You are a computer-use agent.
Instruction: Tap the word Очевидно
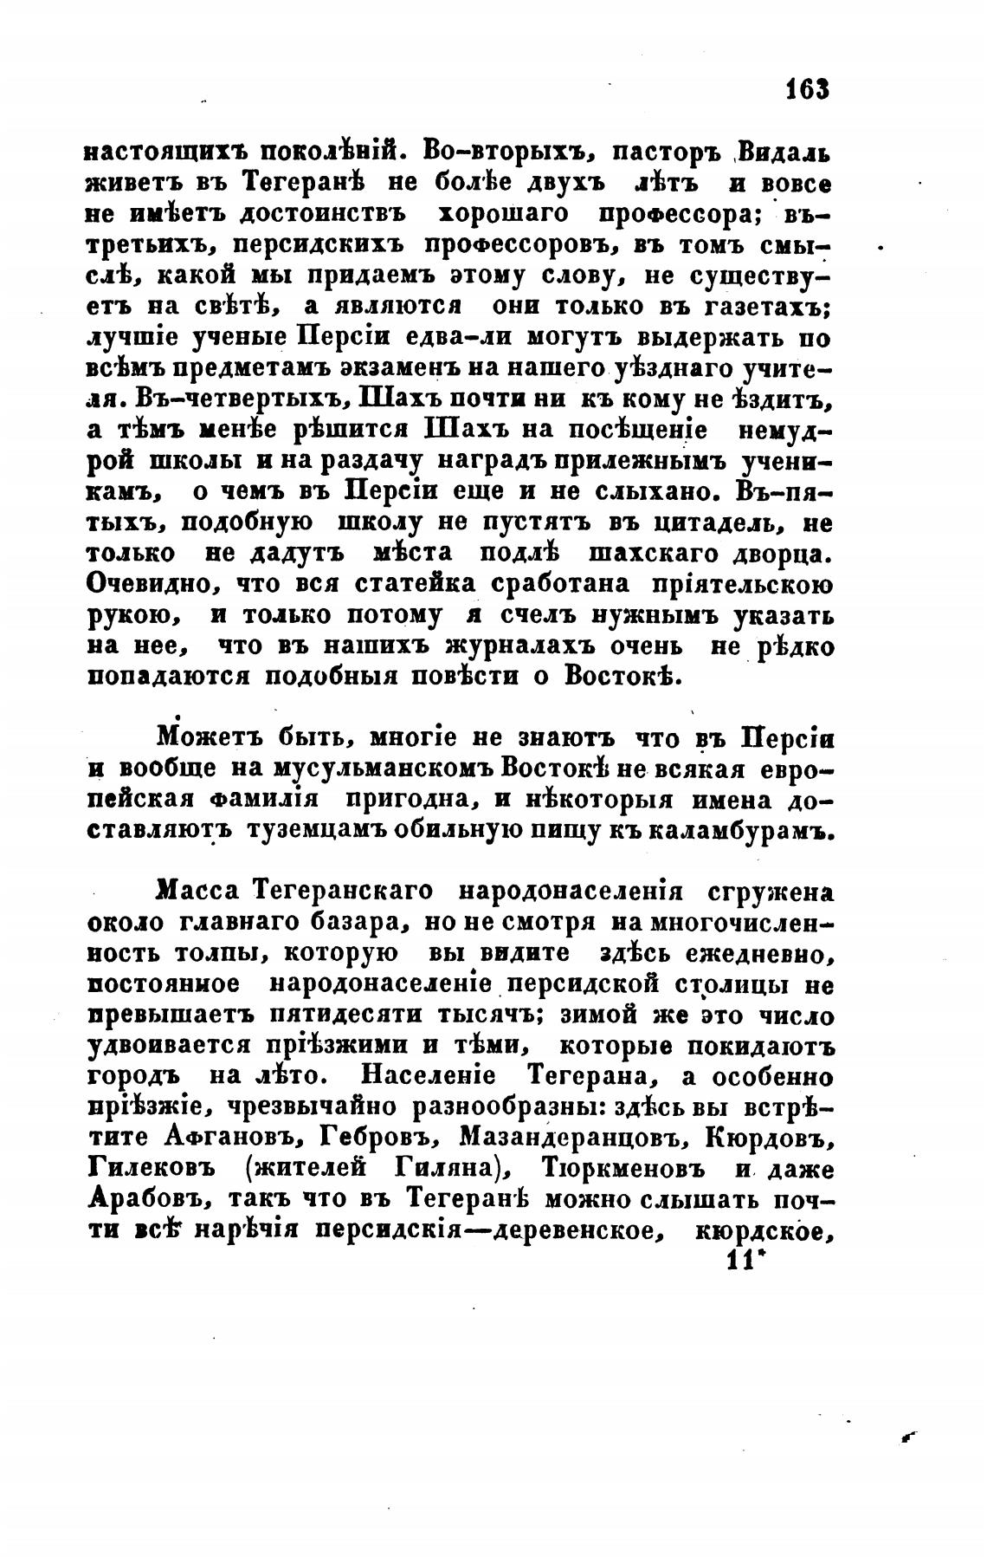point(145,583)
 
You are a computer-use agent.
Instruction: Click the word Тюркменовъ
point(627,1170)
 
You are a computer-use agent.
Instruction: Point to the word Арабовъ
point(145,1201)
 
